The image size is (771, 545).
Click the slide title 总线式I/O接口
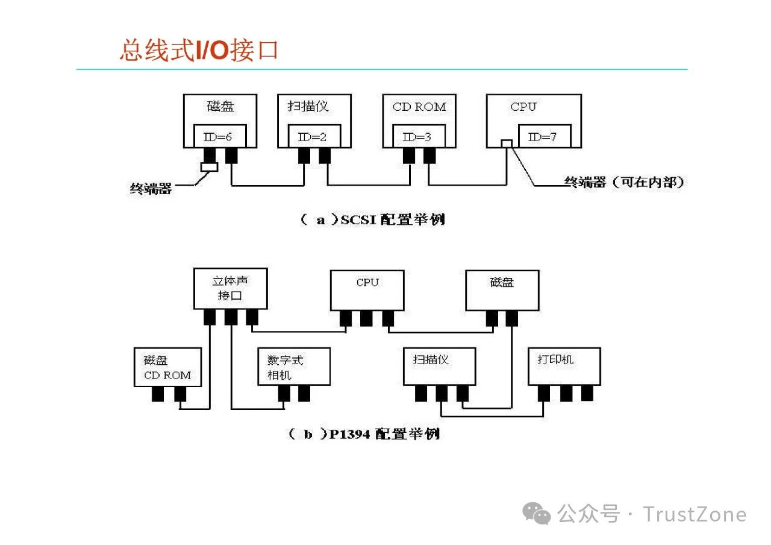199,50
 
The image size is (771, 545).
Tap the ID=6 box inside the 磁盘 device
217,137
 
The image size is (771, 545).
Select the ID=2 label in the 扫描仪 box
312,137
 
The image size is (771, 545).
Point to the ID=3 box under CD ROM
417,137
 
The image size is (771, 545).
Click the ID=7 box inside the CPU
542,137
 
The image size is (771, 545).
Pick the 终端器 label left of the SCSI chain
151,189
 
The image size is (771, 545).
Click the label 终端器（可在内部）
624,182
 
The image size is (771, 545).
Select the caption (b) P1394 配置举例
364,433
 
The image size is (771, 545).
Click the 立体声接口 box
231,288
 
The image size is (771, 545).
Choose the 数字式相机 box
293,367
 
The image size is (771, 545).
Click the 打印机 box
564,366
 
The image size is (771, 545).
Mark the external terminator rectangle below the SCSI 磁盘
209,167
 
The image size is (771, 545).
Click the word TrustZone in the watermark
695,514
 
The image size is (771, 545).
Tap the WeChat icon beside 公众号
536,514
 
